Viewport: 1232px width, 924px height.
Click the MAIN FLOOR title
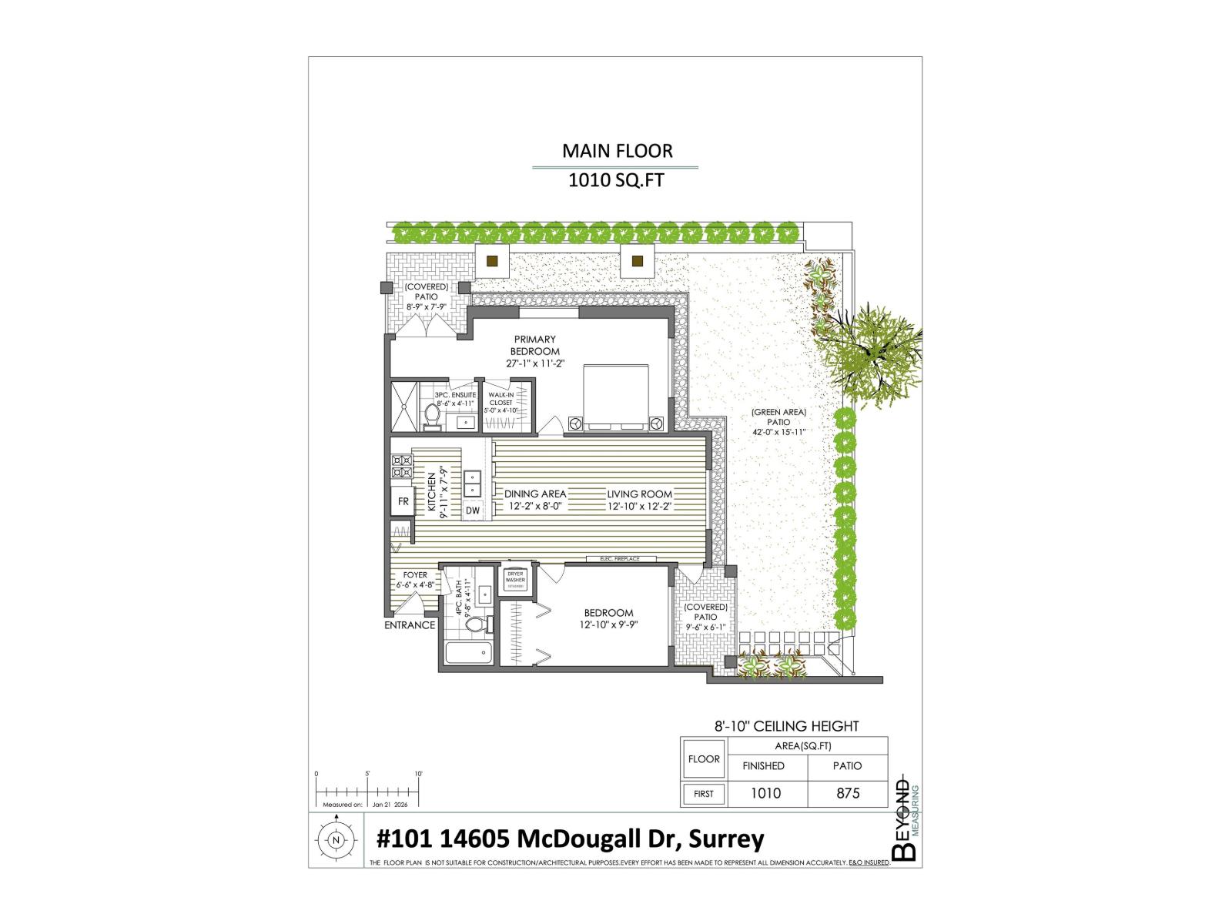coord(617,151)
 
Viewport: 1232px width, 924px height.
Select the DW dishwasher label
coord(473,511)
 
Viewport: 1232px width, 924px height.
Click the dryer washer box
coord(515,580)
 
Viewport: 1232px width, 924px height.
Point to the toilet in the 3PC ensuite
coord(432,417)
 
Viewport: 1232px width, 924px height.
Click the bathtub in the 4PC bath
coord(468,654)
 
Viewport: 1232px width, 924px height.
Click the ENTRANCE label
coord(410,625)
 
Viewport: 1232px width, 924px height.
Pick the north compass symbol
coord(335,840)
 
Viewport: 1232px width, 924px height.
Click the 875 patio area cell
coord(847,794)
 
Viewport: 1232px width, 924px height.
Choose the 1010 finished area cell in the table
coord(765,794)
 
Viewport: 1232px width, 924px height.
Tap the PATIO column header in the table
coord(847,766)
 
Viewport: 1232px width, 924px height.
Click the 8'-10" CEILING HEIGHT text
coord(786,726)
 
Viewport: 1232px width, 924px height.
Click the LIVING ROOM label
coord(639,494)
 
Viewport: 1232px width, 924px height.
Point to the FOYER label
coord(415,575)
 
